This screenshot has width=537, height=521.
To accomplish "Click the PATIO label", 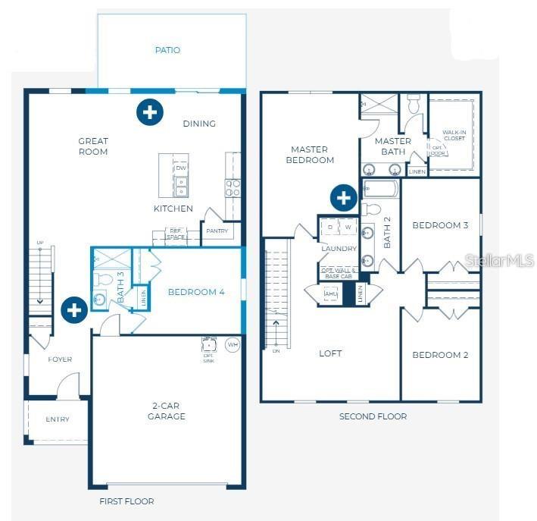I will tap(167, 50).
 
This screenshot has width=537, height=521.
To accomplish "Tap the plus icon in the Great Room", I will tap(149, 112).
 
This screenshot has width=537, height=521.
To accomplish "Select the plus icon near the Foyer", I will tap(73, 309).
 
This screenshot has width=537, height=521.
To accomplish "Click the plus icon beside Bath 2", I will tap(343, 198).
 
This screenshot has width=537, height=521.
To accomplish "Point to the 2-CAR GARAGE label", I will tap(167, 411).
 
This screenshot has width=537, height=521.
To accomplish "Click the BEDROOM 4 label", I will tap(196, 292).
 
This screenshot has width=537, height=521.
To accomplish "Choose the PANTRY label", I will tap(217, 231).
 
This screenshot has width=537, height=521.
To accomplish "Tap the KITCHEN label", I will tap(173, 209).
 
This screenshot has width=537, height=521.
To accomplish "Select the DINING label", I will tap(199, 124).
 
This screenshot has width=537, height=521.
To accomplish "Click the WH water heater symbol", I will tap(233, 345).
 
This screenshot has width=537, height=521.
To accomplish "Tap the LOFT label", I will tap(330, 353).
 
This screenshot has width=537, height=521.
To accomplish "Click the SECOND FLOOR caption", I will tap(373, 416).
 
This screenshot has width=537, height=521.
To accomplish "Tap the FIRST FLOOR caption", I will tap(126, 501).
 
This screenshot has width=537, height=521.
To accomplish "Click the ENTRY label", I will tap(58, 419).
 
